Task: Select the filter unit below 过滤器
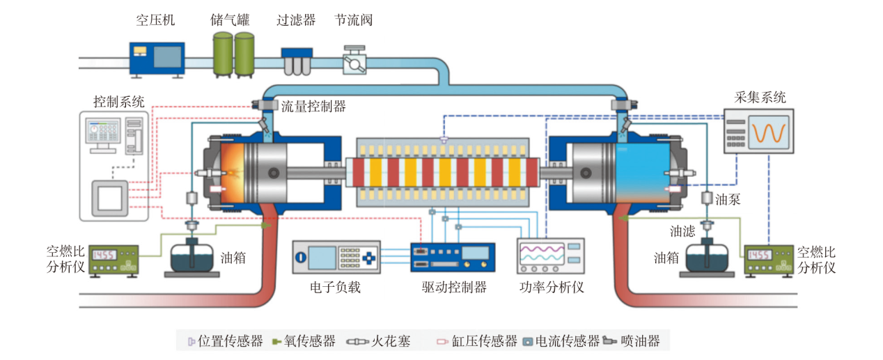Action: [x=296, y=61]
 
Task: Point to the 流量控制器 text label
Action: [x=313, y=107]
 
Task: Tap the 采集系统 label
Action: [x=760, y=97]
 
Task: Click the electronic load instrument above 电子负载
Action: [x=336, y=257]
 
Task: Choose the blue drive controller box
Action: [x=453, y=257]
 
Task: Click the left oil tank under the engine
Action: [x=192, y=256]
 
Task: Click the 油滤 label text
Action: [x=682, y=231]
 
